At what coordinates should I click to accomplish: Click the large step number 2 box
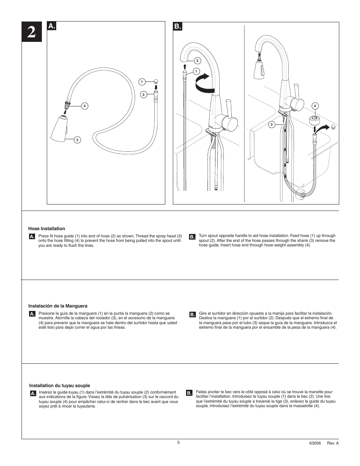coord(32,32)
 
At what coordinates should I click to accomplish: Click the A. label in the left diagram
coord(52,26)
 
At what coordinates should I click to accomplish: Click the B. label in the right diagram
coord(178,26)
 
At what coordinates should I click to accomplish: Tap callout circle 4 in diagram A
coord(85,106)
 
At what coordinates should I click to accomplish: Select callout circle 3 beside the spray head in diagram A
coord(77,140)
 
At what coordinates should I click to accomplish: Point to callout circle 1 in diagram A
coord(142,82)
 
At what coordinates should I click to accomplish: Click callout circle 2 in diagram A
coord(143,94)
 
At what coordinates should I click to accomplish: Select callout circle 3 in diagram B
coord(271,125)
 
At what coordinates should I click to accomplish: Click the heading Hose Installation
coord(46,229)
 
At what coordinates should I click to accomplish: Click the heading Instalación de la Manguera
coord(58,306)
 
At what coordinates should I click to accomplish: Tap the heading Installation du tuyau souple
coord(60,386)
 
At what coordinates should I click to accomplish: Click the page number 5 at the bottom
coord(178,442)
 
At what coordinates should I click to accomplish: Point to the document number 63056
coord(315,443)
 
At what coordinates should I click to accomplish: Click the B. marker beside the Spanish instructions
coord(192,314)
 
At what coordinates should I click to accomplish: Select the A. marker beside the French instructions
coord(33,394)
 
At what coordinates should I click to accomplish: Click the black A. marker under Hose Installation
coord(32,237)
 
